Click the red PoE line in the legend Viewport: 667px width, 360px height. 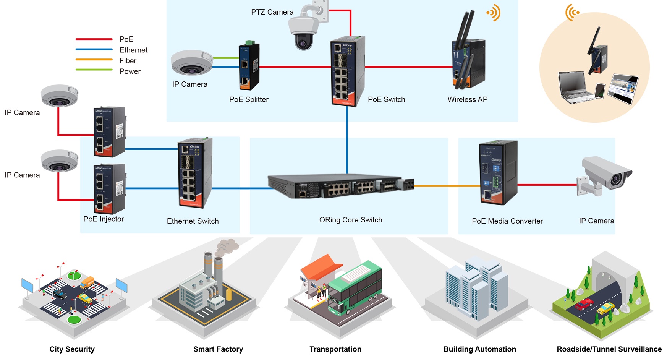pos(94,39)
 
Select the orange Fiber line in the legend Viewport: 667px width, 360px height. pos(94,60)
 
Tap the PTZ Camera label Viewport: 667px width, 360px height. pos(272,12)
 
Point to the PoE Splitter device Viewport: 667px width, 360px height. pos(249,66)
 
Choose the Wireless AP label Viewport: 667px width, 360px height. pos(467,99)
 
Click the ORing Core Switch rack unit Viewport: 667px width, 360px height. pos(340,186)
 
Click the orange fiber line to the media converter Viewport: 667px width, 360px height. pos(447,186)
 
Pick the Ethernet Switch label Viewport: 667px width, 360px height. pos(193,221)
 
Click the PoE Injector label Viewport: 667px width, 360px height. pos(104,219)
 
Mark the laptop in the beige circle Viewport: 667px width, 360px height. pos(575,88)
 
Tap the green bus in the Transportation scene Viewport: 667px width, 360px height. pos(355,289)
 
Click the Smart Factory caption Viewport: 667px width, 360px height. pos(218,349)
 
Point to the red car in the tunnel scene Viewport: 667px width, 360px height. pos(584,304)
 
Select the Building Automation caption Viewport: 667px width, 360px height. pos(479,349)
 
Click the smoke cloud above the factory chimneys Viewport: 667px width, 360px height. pos(227,246)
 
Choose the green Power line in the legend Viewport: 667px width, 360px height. pos(94,70)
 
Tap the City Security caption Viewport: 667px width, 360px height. pos(72,349)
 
